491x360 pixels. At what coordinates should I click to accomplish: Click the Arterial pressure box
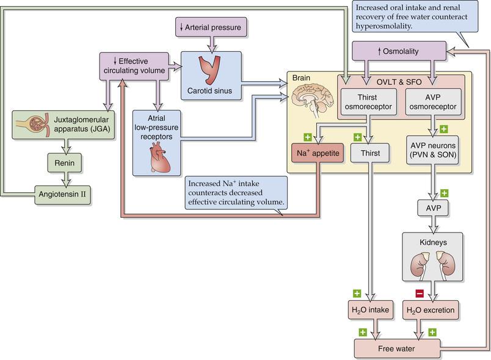(x=211, y=27)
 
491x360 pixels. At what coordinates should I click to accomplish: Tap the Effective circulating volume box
(x=133, y=66)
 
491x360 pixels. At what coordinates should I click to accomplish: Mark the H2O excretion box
(x=431, y=310)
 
